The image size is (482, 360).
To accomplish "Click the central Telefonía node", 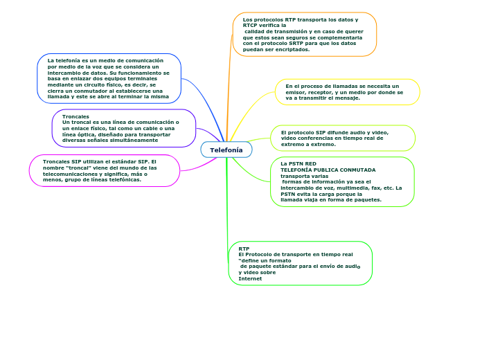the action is click(x=226, y=150).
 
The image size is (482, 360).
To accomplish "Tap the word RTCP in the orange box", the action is click(x=250, y=25).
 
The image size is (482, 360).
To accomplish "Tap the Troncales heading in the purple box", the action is click(x=75, y=116).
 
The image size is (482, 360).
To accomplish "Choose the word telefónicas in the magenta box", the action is click(x=125, y=179).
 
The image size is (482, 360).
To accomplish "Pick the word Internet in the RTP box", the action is click(x=250, y=278).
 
